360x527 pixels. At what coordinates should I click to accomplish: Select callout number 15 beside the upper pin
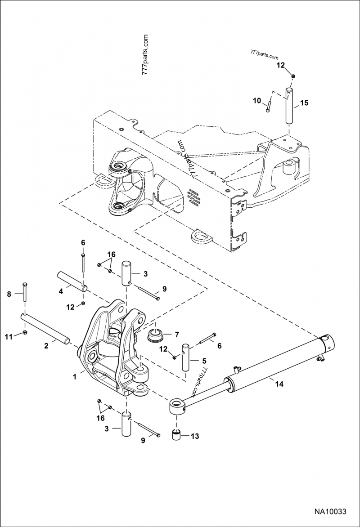tap(304, 103)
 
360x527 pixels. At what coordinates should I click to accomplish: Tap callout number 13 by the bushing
tap(195, 436)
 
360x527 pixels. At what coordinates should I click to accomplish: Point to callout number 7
tap(177, 334)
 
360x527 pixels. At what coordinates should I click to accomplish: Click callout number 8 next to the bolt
tap(9, 295)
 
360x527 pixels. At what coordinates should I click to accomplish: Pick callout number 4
tap(61, 291)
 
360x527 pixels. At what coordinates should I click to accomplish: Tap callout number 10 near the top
tap(257, 101)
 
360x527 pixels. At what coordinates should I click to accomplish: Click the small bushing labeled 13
tap(176, 435)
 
